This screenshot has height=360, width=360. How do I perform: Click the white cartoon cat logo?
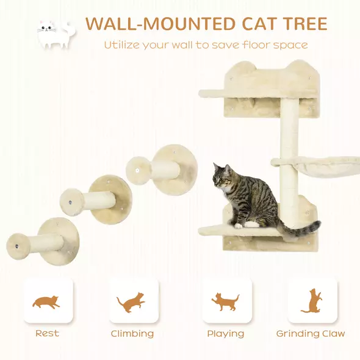[56, 34]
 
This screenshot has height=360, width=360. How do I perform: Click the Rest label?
[47, 333]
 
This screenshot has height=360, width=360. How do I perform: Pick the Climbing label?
[132, 333]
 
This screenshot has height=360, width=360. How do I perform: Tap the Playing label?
[225, 333]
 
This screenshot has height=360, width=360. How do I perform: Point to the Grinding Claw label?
[311, 333]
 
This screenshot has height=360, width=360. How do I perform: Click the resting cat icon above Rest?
[46, 301]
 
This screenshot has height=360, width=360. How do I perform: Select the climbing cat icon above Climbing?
[132, 301]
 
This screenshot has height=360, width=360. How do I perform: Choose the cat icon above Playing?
[226, 301]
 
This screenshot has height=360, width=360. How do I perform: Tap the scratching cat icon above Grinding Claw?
[312, 301]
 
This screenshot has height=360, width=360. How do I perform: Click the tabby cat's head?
[222, 176]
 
